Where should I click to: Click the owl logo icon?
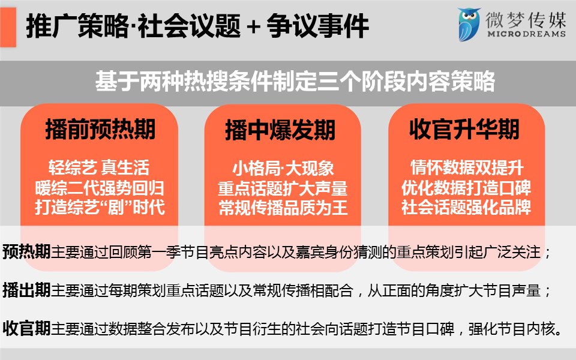(x=469, y=25)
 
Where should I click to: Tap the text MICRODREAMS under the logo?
(x=526, y=34)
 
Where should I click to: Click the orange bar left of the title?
(x=8, y=27)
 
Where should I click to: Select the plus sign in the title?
(x=253, y=27)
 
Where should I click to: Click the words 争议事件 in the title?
(x=318, y=26)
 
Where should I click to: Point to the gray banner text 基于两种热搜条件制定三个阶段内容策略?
(x=295, y=81)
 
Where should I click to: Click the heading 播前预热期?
(x=100, y=130)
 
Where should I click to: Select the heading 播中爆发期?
(x=280, y=130)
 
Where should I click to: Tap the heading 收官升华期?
(x=464, y=130)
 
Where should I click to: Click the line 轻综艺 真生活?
(x=99, y=167)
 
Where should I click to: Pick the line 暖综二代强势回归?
(x=100, y=188)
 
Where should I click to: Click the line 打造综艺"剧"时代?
(x=100, y=207)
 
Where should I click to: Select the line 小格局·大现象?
(x=283, y=168)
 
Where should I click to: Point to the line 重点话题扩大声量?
(x=283, y=188)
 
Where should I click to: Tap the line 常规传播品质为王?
(x=283, y=207)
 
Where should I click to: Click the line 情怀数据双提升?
(x=467, y=167)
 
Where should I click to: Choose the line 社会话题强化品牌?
(x=466, y=207)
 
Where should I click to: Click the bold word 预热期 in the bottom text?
(x=26, y=252)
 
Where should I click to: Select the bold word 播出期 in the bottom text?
(x=26, y=290)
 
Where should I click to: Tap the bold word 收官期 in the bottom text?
(x=26, y=328)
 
